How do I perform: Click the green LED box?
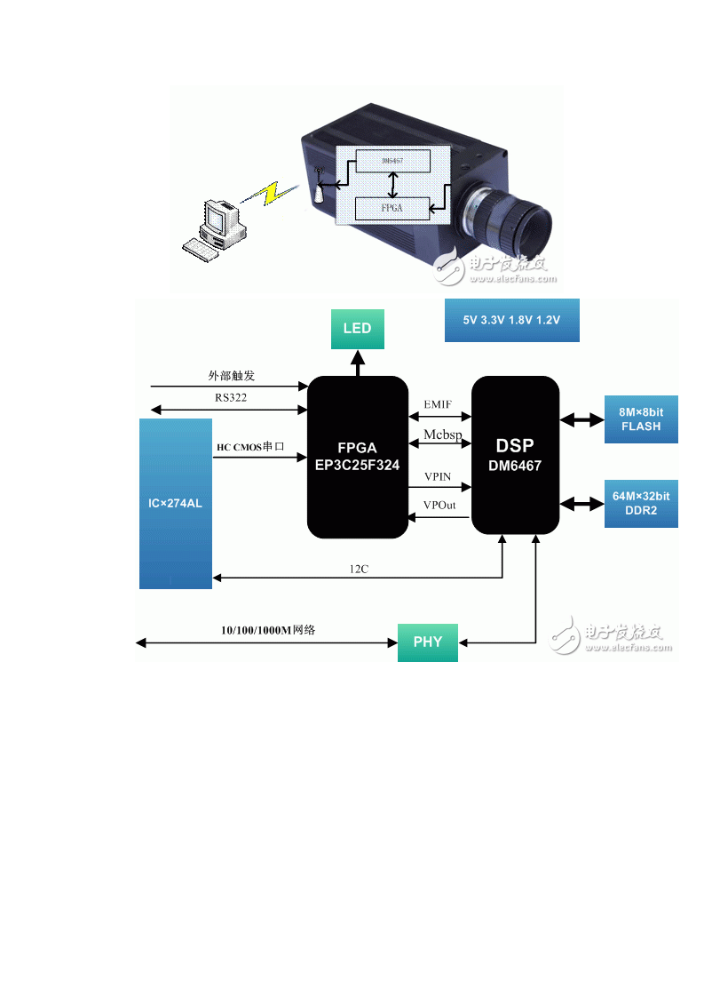tap(358, 329)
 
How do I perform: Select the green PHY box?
tap(427, 642)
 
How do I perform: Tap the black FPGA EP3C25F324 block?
tap(357, 457)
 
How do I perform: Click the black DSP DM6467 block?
tap(515, 455)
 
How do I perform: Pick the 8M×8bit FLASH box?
tap(641, 419)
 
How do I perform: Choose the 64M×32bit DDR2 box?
tap(641, 503)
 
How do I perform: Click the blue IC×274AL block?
tap(176, 503)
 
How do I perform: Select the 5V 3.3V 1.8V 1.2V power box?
tap(511, 320)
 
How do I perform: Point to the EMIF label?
tap(438, 405)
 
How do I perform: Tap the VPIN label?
tap(438, 477)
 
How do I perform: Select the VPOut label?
tap(439, 506)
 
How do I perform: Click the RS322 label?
tap(230, 398)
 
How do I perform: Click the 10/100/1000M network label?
tap(268, 630)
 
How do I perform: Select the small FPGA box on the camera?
tap(392, 209)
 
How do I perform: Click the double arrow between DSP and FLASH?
tap(581, 419)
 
